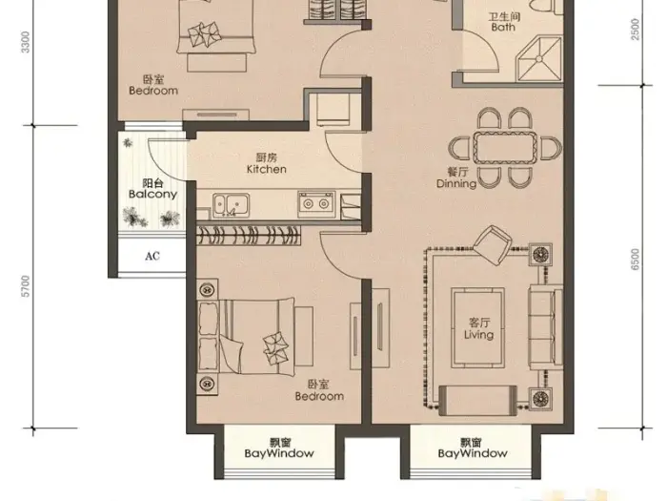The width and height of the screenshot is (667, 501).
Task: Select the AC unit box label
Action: (x=152, y=256)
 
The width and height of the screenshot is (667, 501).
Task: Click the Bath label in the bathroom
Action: (x=503, y=28)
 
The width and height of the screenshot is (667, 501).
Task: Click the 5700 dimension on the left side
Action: (x=26, y=285)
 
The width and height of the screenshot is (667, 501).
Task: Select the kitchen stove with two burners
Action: (x=315, y=202)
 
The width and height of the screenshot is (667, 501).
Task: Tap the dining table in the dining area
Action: (x=506, y=148)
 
